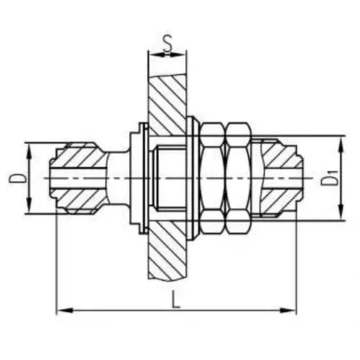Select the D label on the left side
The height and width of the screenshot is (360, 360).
tap(17, 178)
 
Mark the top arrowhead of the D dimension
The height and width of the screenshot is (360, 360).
tap(28, 145)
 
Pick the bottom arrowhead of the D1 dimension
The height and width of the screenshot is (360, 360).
tap(339, 212)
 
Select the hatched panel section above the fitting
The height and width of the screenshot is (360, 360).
tap(167, 94)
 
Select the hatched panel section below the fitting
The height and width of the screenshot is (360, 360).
tap(167, 259)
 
